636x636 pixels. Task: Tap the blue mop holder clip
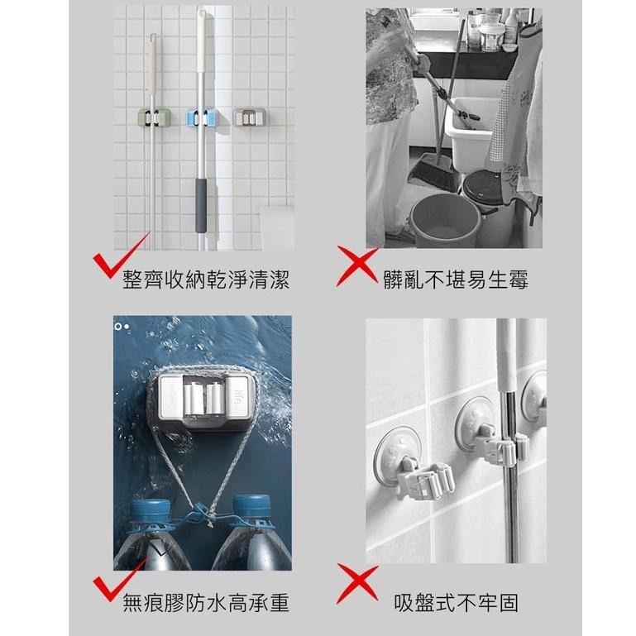tap(200, 117)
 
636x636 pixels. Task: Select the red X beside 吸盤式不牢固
tap(357, 585)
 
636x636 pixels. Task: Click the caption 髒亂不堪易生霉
tap(456, 280)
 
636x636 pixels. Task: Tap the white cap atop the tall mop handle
tap(202, 21)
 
